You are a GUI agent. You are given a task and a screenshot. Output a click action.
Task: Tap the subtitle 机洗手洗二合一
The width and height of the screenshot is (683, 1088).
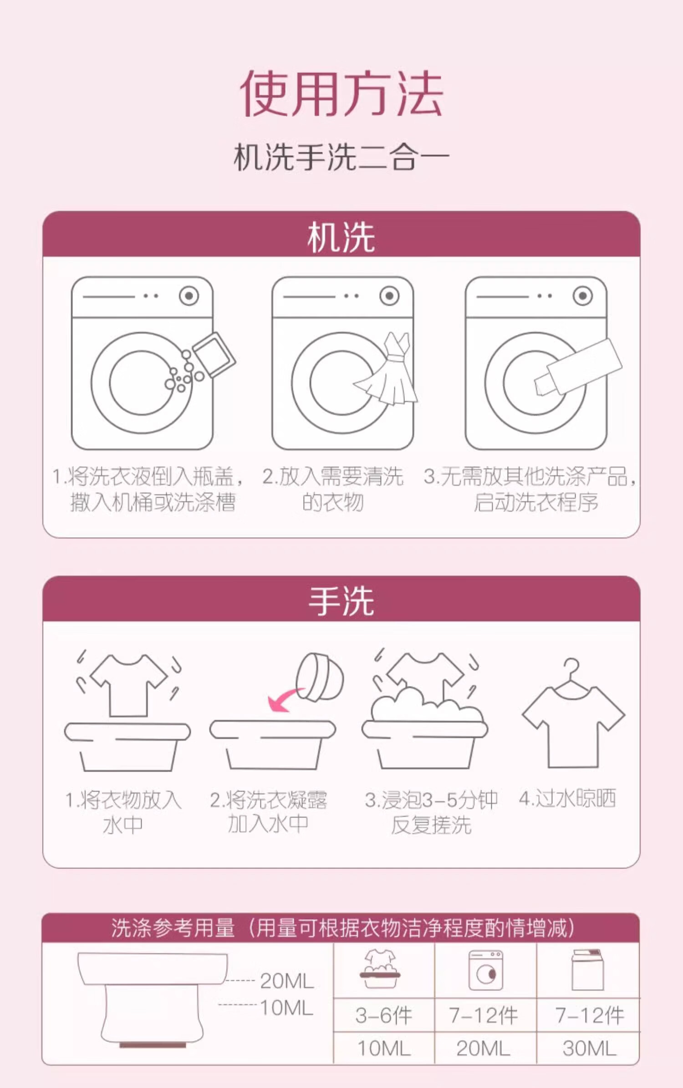coord(341,157)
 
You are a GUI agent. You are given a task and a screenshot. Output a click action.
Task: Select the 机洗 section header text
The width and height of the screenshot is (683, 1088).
coord(341,237)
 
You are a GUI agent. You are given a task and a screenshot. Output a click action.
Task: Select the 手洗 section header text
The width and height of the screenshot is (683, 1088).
coord(341,601)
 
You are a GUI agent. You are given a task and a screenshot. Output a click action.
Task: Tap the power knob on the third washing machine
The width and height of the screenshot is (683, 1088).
coord(583,296)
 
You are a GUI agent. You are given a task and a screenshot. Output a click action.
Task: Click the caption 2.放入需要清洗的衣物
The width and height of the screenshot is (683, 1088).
coord(333,489)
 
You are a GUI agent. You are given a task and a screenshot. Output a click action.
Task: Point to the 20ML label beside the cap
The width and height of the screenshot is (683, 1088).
coord(287,981)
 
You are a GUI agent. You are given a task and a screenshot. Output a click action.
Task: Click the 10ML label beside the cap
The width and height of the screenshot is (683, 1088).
coord(287,1007)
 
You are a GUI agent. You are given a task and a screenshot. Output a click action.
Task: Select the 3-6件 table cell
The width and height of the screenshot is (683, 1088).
coord(384,1016)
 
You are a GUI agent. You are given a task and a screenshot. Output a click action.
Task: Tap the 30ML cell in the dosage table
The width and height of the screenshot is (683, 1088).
coord(589,1048)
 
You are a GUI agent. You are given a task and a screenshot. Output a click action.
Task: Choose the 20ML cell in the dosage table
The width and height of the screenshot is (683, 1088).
coord(483,1048)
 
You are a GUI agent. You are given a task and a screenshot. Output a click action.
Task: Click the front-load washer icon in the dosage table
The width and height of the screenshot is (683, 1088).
coord(486,970)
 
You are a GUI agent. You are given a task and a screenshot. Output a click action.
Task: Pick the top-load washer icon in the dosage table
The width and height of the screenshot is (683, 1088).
coord(588,970)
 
